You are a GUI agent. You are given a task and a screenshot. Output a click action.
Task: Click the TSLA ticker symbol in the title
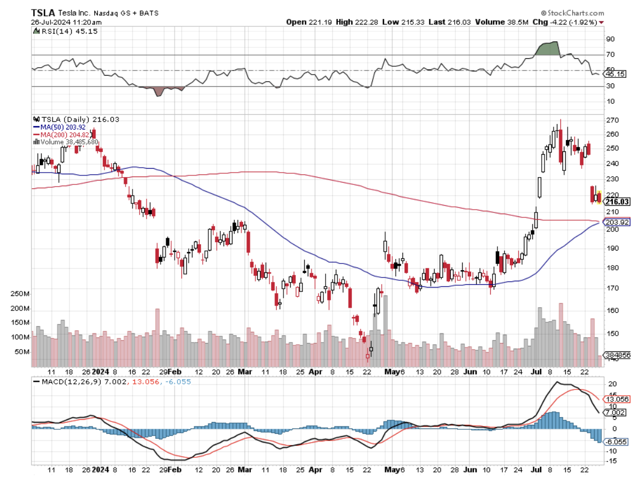[x=43, y=12]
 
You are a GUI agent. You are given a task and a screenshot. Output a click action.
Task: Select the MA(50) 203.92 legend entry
[x=61, y=127]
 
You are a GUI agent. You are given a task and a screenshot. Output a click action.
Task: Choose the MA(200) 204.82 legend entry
[x=63, y=135]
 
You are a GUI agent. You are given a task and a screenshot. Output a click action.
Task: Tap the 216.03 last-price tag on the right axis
[x=616, y=202]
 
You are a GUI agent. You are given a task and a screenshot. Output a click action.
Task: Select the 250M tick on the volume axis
[x=21, y=294]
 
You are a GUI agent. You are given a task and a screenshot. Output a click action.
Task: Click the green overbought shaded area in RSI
[x=548, y=49]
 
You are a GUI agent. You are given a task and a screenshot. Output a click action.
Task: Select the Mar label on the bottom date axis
[x=245, y=371]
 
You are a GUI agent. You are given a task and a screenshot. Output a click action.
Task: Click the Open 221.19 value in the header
[x=307, y=22]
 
